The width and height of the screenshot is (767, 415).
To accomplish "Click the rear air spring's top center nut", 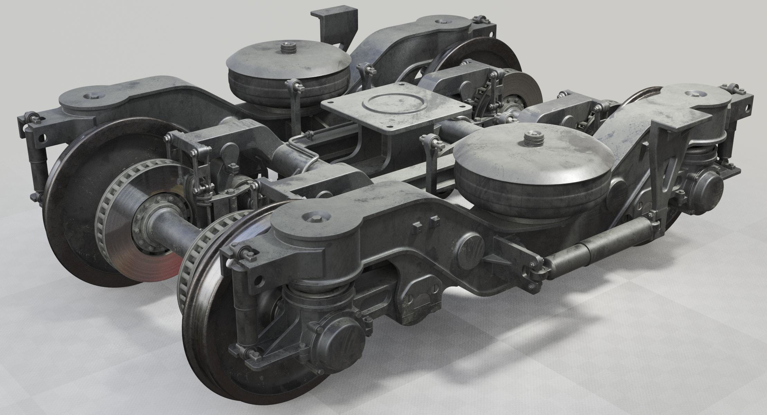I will point(287,48).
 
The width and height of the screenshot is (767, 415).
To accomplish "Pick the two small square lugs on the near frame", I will point(424,222).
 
